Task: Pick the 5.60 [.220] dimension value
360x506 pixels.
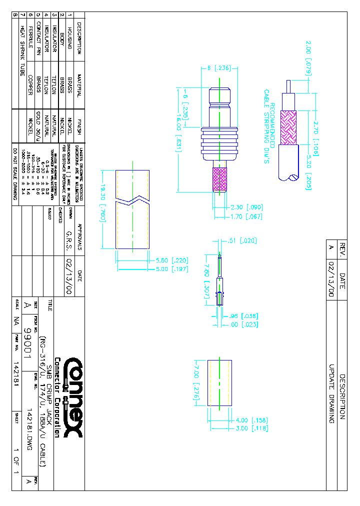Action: coord(172,260)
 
